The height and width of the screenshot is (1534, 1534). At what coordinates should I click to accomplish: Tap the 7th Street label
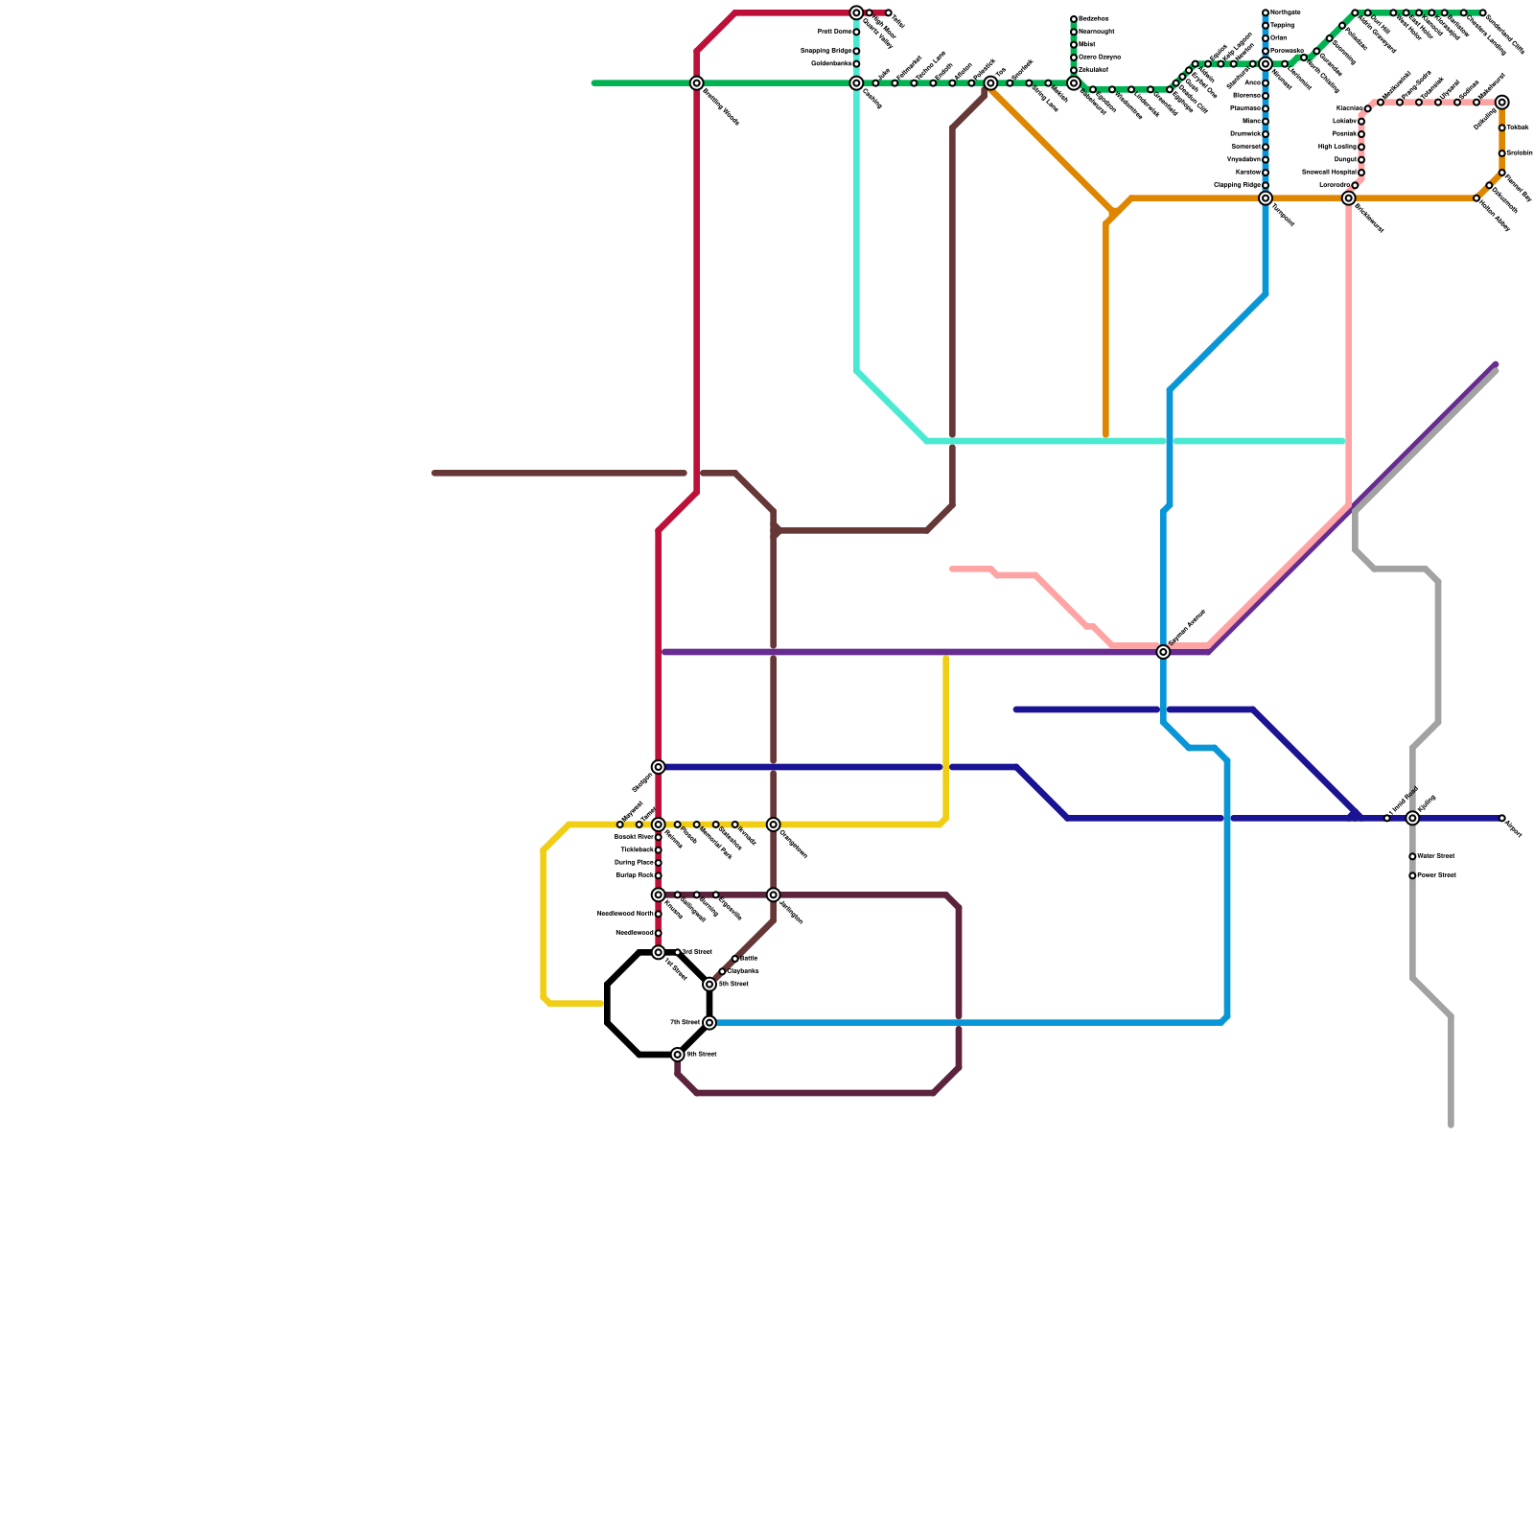coord(684,1023)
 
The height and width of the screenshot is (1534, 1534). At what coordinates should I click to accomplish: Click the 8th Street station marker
coord(678,1055)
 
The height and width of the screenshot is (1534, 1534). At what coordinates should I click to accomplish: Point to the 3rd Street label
coord(697,952)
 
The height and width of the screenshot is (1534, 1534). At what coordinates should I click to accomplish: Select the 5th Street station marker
coord(709,985)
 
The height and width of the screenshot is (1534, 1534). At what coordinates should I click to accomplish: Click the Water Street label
coord(1436,856)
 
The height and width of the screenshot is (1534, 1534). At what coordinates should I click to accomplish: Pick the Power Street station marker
coord(1412,875)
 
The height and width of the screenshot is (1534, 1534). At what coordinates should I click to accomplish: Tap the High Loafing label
coord(1336,147)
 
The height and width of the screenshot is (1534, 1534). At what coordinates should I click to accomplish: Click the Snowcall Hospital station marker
coord(1361,173)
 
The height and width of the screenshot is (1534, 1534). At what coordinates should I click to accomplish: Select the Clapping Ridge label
coord(1237,185)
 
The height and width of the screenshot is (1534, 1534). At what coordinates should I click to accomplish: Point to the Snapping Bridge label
coord(825,51)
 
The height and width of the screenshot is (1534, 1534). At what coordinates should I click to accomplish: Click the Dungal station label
coord(1344,159)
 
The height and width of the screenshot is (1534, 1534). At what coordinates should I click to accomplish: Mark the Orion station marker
coord(1266,38)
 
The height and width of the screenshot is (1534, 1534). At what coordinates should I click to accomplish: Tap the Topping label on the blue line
coord(1282,26)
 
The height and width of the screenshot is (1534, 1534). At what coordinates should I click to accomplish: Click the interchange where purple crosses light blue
coord(1163,652)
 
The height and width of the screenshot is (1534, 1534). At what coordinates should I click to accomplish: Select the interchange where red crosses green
coord(697,83)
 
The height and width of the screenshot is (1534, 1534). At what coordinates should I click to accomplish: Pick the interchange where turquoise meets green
coord(856,83)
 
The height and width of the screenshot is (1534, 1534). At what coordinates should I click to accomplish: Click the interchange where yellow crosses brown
coord(774,825)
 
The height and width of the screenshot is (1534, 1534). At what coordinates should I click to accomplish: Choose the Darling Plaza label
coord(634,863)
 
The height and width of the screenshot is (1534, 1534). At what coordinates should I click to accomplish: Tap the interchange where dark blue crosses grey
coord(1412,818)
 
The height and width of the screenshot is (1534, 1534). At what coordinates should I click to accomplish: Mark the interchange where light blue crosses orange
coord(1266,198)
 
